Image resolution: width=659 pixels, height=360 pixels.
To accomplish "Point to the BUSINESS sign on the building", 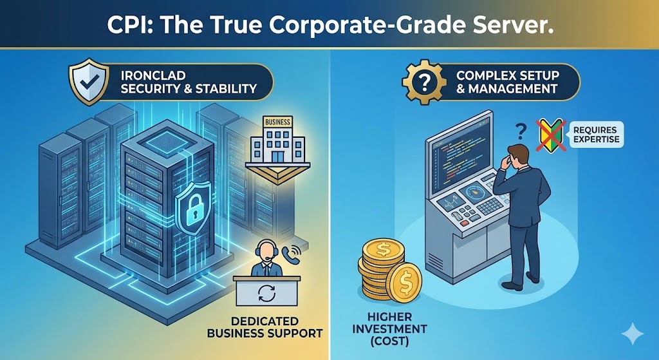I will pos(277,122).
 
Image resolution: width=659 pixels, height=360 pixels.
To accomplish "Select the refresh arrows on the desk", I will pos(266,294).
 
